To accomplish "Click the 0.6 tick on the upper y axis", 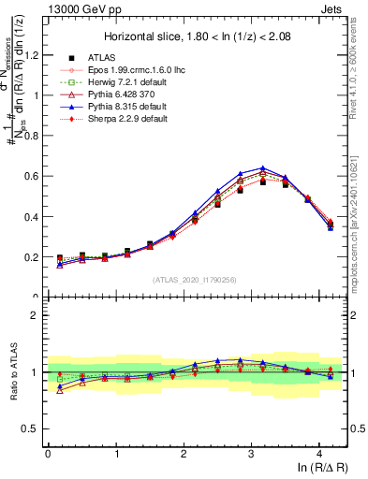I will pyautogui.click(x=34, y=176).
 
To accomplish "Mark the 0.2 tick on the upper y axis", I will pyautogui.click(x=34, y=256).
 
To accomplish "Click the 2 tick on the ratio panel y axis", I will pyautogui.click(x=37, y=315).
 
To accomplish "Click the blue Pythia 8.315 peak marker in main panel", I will pyautogui.click(x=263, y=168).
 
